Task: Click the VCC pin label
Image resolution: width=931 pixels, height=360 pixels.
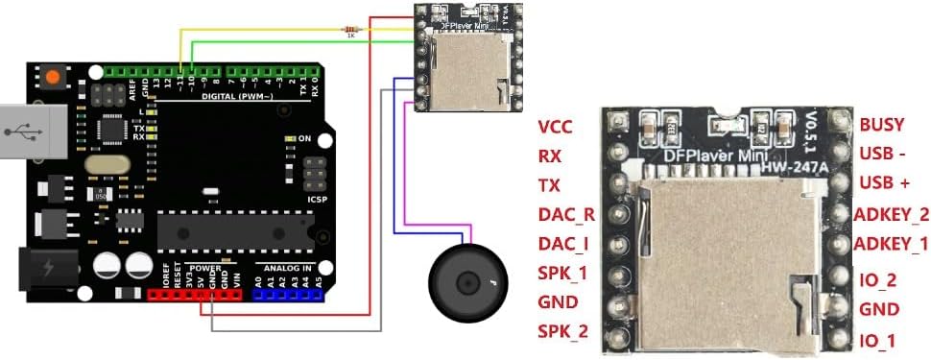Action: click(557, 127)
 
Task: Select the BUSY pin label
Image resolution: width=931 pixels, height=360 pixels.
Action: click(881, 125)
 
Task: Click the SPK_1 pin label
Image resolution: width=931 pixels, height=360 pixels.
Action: click(563, 274)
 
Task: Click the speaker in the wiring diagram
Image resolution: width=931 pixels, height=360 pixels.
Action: click(467, 283)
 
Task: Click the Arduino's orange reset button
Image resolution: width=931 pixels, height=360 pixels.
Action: click(52, 76)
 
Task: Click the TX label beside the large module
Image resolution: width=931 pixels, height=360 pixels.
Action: click(549, 185)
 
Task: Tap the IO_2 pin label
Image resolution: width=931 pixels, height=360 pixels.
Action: click(877, 280)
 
